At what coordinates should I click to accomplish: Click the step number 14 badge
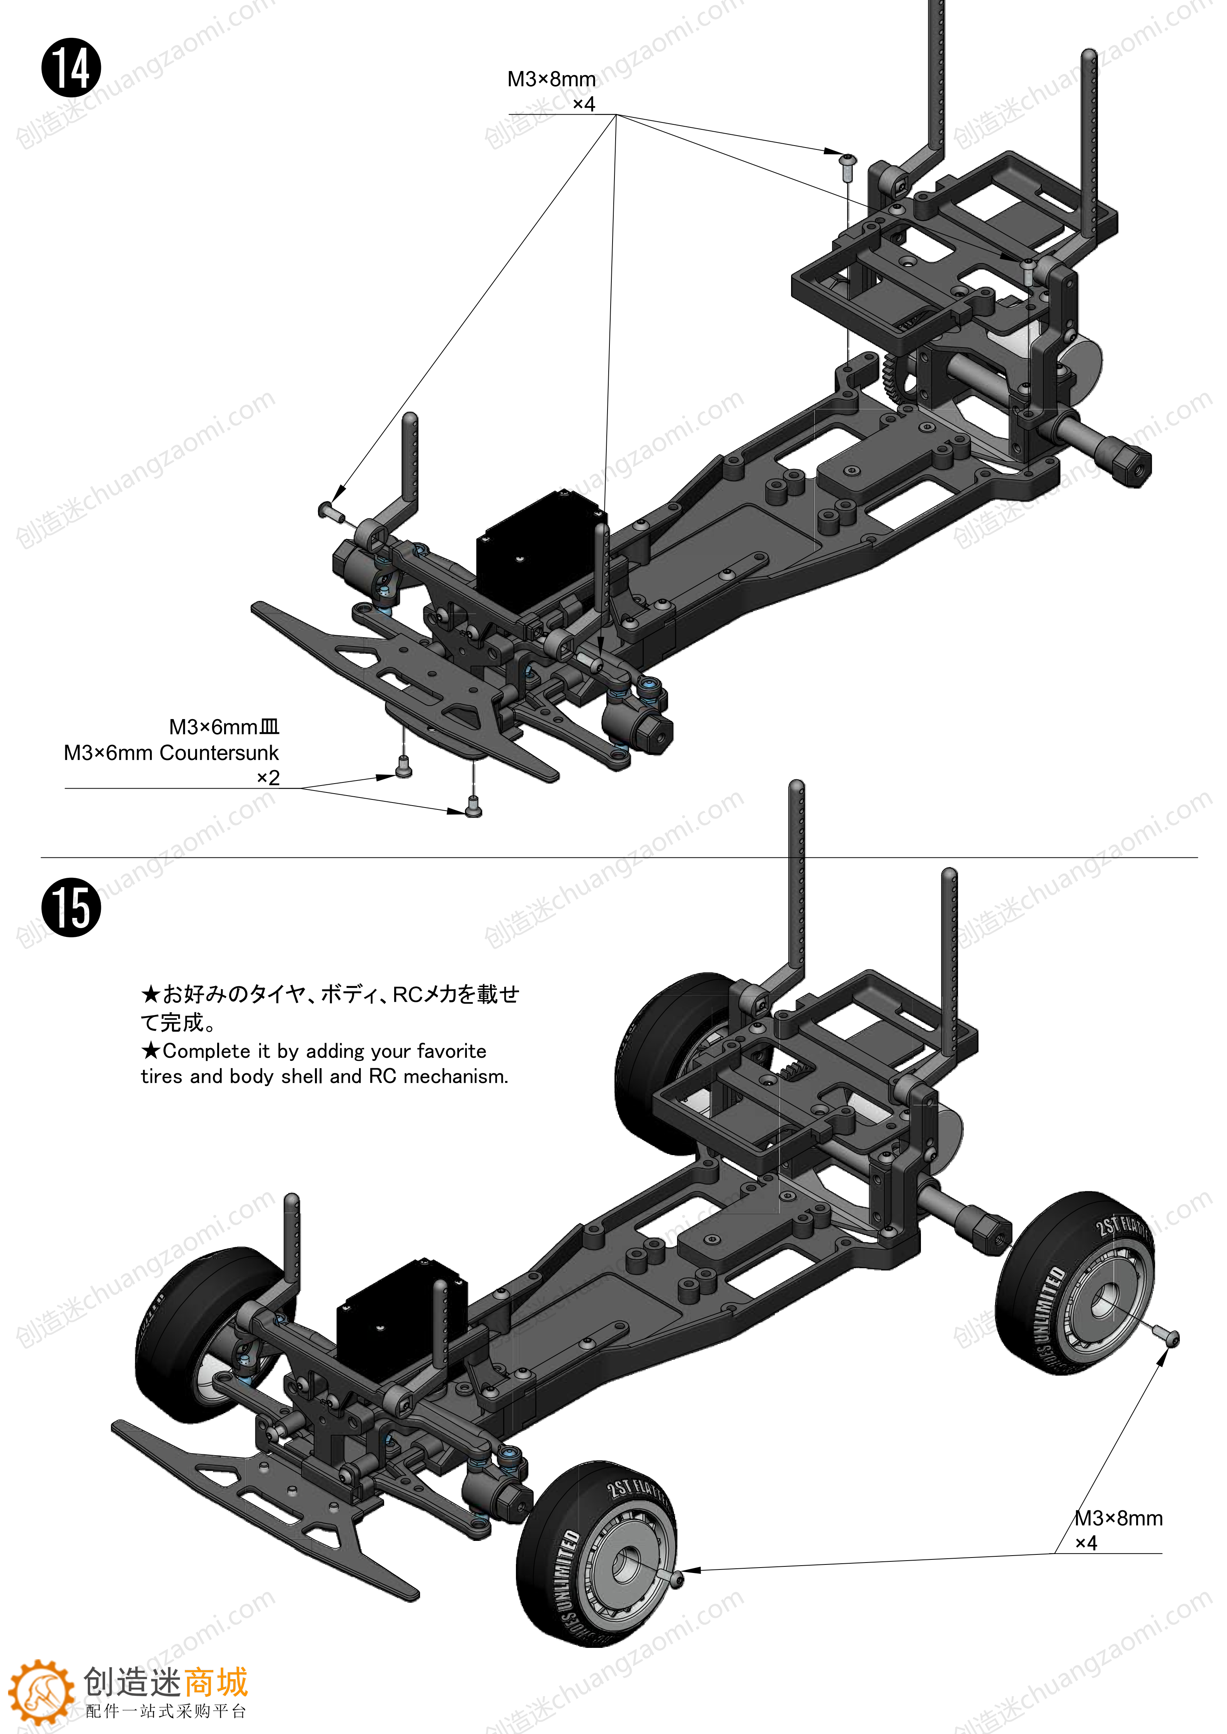click(71, 68)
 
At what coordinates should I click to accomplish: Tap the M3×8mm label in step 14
click(551, 79)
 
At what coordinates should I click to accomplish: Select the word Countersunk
click(219, 753)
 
